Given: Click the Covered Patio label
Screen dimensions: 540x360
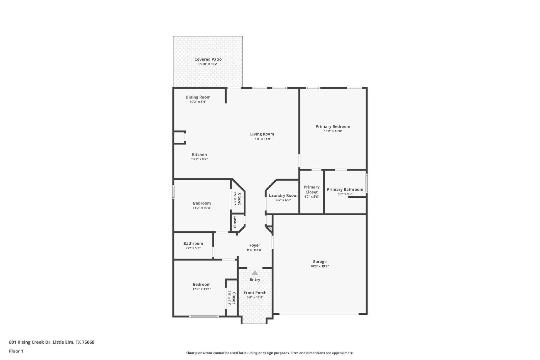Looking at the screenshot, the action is click(208, 59).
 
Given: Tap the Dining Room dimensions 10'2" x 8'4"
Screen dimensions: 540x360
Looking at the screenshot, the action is click(198, 102).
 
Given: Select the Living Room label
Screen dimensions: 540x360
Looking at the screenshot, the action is click(262, 134).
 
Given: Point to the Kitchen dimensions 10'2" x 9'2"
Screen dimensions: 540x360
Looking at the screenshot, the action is click(199, 159).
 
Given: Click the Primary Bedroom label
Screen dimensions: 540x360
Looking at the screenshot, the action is click(333, 127).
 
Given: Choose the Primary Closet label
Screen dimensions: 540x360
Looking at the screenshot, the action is click(312, 190).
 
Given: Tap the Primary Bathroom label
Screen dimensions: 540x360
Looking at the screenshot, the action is click(345, 190).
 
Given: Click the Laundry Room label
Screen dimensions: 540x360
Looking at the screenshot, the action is click(283, 195).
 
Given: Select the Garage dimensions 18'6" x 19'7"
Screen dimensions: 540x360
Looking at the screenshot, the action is click(319, 266).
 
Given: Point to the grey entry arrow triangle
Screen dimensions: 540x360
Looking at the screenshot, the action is click(255, 273).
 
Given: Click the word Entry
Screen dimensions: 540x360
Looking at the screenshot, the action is click(255, 279).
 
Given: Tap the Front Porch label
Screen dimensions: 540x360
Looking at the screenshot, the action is click(255, 293).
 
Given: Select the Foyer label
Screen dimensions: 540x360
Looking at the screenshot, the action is click(254, 245).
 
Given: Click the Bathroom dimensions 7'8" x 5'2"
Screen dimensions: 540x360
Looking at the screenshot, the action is click(193, 248).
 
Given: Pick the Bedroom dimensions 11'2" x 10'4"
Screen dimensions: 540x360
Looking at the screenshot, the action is click(202, 208).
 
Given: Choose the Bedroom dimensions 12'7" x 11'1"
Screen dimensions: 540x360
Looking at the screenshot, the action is click(201, 289).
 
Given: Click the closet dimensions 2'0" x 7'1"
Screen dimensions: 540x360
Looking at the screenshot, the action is click(230, 298).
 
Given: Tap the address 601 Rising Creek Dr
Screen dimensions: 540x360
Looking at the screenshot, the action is click(30, 342).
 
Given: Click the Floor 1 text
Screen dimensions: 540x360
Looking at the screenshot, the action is click(16, 351).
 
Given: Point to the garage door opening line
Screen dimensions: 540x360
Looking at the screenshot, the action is click(319, 314).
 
